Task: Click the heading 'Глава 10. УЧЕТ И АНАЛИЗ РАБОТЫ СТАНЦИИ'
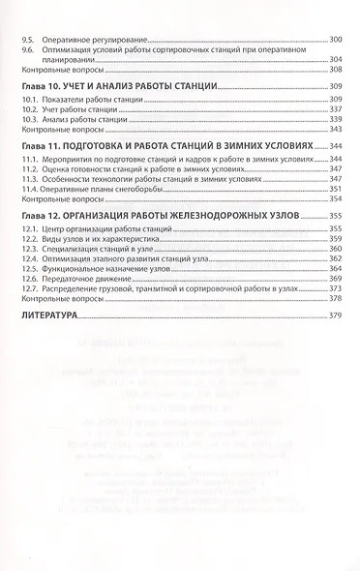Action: click(x=118, y=86)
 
